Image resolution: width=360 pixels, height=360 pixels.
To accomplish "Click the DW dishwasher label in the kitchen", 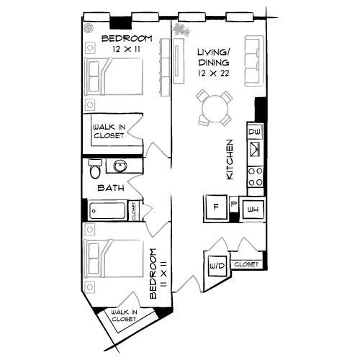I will pos(254,132).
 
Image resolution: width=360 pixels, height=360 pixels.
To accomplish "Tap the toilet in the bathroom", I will pos(94,170).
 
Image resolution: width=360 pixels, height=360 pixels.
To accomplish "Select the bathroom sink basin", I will pos(120,166).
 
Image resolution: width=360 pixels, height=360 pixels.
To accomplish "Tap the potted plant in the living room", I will pos(179,30).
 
